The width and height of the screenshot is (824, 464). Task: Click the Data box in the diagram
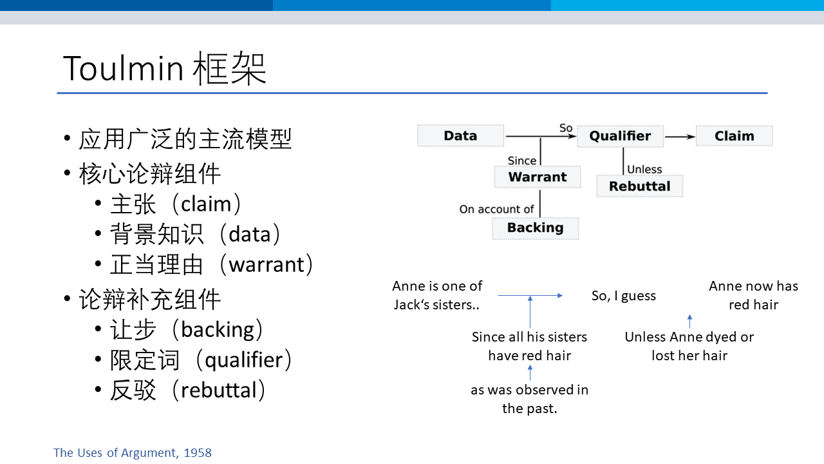click(460, 136)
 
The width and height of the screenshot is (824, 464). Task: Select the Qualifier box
click(620, 136)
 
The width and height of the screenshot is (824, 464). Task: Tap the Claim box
click(735, 136)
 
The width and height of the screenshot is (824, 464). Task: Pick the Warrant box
click(538, 177)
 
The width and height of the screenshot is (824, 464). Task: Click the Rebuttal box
click(640, 186)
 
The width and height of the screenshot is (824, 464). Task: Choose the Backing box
click(535, 228)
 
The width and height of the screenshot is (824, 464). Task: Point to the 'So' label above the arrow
click(566, 128)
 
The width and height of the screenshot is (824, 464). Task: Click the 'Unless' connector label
click(644, 169)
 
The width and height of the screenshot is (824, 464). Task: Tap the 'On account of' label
click(496, 209)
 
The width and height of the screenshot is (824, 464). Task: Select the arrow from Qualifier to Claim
click(680, 137)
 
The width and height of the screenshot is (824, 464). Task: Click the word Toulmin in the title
click(123, 68)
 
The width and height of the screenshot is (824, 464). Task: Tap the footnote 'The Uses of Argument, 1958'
click(133, 452)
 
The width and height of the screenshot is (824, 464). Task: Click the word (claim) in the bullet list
click(206, 204)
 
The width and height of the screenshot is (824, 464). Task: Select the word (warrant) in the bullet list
click(266, 264)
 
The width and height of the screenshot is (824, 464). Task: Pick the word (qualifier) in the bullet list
click(243, 360)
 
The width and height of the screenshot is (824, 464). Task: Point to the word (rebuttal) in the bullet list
click(218, 391)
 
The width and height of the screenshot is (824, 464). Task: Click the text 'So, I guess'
click(624, 296)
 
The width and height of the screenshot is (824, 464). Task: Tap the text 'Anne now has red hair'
click(753, 295)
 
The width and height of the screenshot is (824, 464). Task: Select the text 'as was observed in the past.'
click(529, 399)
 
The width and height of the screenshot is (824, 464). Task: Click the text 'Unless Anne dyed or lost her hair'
click(689, 346)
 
